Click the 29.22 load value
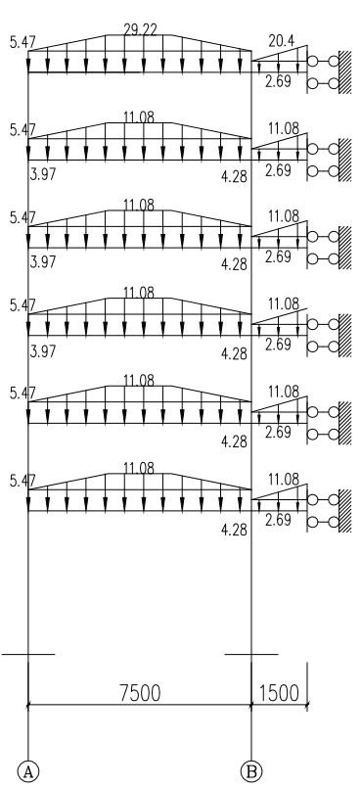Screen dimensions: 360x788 (x=140, y=29)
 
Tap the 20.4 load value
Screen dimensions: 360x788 (x=281, y=41)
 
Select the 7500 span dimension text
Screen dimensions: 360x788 (x=140, y=692)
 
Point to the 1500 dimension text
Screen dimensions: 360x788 (x=279, y=692)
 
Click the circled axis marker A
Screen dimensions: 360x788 (x=28, y=771)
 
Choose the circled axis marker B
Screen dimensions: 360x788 (x=251, y=771)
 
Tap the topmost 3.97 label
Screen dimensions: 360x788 (x=43, y=175)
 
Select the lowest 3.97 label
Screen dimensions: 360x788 (x=43, y=350)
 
